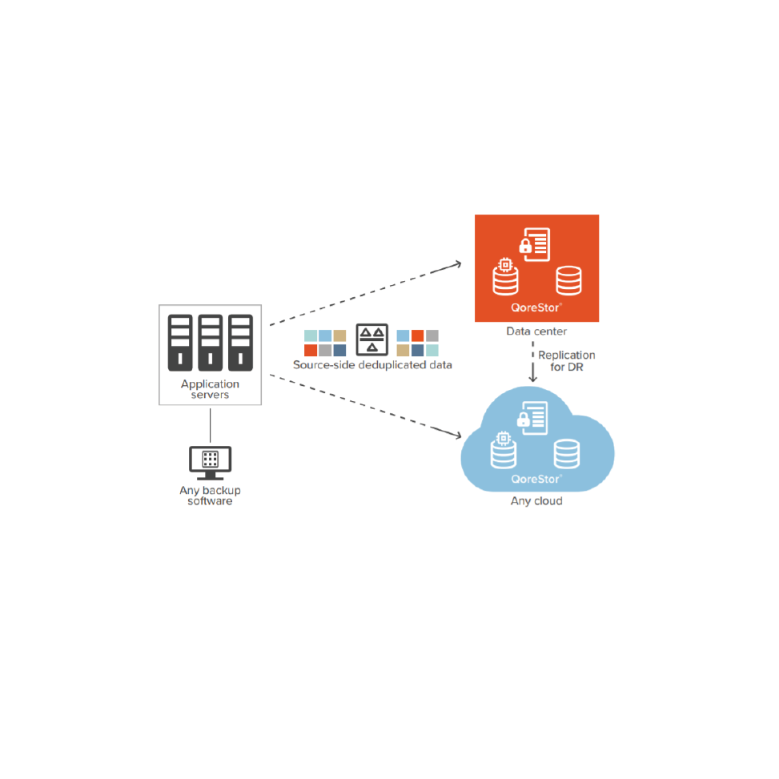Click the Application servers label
pyautogui.click(x=210, y=389)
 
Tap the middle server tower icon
pyautogui.click(x=210, y=343)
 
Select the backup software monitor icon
pyautogui.click(x=210, y=463)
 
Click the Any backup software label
pyautogui.click(x=210, y=496)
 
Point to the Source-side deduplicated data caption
pyautogui.click(x=372, y=365)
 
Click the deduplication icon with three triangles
pyautogui.click(x=372, y=339)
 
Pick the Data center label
pyautogui.click(x=536, y=331)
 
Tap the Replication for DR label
pyautogui.click(x=566, y=361)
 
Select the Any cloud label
pyautogui.click(x=536, y=501)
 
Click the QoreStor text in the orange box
pyautogui.click(x=535, y=308)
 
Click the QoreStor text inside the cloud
pyautogui.click(x=535, y=480)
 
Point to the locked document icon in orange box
pyautogui.click(x=535, y=244)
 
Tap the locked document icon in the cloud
pyautogui.click(x=532, y=418)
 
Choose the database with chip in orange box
pyautogui.click(x=505, y=277)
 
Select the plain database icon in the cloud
pyautogui.click(x=567, y=454)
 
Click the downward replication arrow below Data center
pyautogui.click(x=533, y=362)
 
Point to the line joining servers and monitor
pyautogui.click(x=210, y=425)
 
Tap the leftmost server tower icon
pyautogui.click(x=180, y=343)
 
